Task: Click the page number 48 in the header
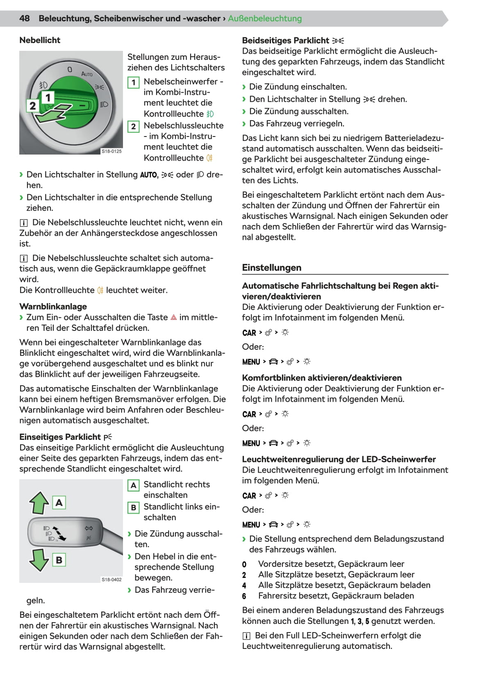coord(25,18)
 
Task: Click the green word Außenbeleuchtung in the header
coord(264,18)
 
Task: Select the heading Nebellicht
coord(40,40)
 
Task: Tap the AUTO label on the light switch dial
coord(87,74)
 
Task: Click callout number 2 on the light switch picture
coord(32,106)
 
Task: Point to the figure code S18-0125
coord(112,151)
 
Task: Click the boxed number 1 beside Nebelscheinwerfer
coord(133,82)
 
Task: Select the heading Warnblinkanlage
coord(53,306)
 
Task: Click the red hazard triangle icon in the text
coord(173,317)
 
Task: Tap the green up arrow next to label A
coord(39,503)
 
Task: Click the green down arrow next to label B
coord(39,560)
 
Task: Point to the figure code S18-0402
coord(112,579)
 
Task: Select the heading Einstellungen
coord(271,268)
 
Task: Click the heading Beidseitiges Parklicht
coord(285,40)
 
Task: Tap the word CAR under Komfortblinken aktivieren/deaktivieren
coord(249,414)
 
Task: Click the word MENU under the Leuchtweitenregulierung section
coord(251,525)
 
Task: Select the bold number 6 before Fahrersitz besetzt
coord(244,596)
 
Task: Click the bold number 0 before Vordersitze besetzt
coord(244,564)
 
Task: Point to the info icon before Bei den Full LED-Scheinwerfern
coord(246,636)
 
